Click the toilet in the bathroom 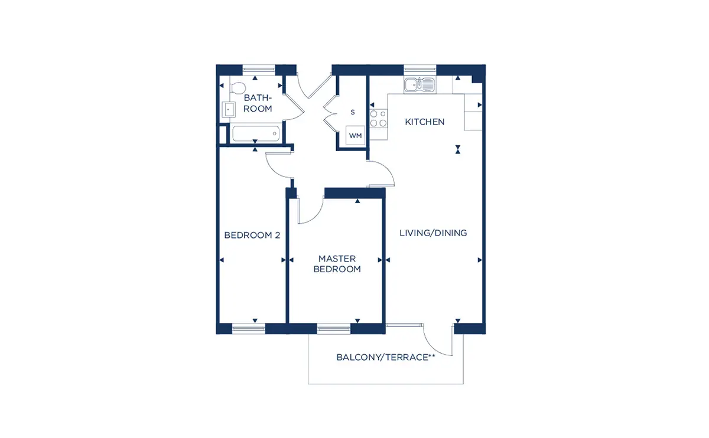tap(238, 87)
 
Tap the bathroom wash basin tap(228, 109)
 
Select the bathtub tap(256, 133)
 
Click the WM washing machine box tap(355, 135)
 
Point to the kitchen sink tap(419, 84)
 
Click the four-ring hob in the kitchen tap(379, 118)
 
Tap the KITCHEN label tap(424, 122)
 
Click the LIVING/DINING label tap(433, 233)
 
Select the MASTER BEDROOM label tap(337, 264)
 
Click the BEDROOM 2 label tap(252, 235)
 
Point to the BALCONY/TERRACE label tap(385, 357)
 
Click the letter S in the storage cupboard tap(353, 112)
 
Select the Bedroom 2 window tap(249, 329)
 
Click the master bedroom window tap(334, 329)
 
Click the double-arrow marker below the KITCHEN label tap(458, 149)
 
